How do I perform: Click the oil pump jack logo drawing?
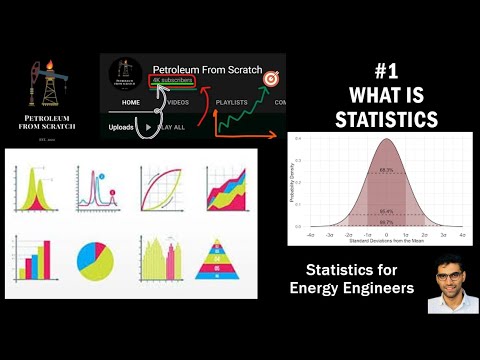click(45, 85)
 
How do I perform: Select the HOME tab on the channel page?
click(131, 102)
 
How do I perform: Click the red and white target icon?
click(269, 78)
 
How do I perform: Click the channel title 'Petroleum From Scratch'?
click(206, 71)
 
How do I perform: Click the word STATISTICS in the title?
click(386, 120)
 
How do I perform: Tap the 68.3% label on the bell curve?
click(385, 171)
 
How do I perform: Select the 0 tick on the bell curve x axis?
click(385, 234)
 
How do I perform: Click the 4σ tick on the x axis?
click(461, 234)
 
